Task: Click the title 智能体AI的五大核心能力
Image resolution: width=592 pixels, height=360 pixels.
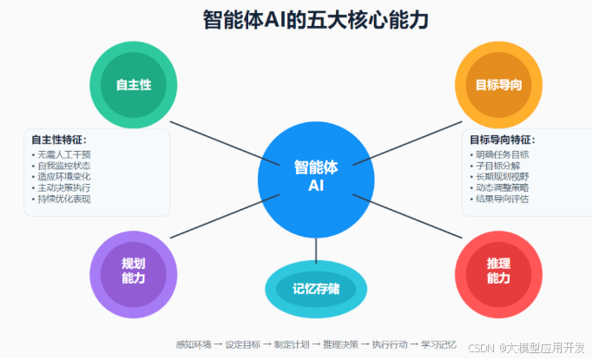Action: (295, 19)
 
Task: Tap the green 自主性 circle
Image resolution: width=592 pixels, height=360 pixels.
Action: (133, 84)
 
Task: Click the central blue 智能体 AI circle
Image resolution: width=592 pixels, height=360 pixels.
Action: (316, 177)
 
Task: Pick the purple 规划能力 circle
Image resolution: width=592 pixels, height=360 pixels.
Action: (133, 270)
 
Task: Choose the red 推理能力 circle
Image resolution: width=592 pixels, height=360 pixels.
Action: (498, 270)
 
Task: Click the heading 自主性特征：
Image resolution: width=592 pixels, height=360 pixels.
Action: (59, 140)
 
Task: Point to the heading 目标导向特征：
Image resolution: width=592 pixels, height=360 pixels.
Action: (503, 140)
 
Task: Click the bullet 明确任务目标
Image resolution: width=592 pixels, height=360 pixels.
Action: (502, 154)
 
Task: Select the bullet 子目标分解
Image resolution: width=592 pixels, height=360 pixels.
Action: (497, 166)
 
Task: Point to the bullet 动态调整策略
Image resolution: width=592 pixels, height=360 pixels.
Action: (502, 187)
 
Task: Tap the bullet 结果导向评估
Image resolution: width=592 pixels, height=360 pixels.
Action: (502, 199)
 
